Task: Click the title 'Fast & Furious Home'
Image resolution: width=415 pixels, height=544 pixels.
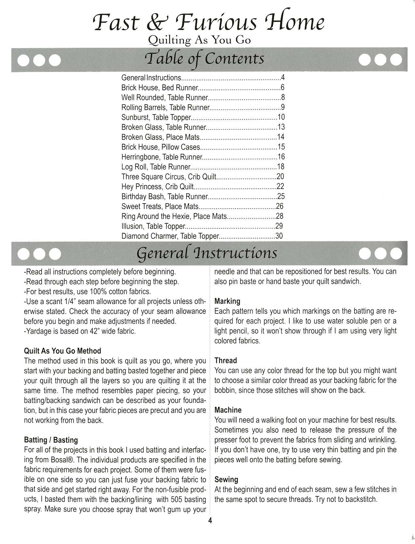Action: pyautogui.click(x=208, y=22)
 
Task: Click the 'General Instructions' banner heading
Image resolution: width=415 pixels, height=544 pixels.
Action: pyautogui.click(x=207, y=253)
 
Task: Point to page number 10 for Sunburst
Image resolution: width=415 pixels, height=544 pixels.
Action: pyautogui.click(x=281, y=117)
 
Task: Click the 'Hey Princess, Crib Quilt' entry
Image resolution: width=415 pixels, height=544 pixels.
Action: pyautogui.click(x=158, y=187)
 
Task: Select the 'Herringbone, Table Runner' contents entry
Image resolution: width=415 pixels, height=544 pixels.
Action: pyautogui.click(x=162, y=157)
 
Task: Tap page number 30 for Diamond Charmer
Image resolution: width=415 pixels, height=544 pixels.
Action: pyautogui.click(x=279, y=236)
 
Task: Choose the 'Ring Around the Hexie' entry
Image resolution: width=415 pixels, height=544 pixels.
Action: pyautogui.click(x=174, y=216)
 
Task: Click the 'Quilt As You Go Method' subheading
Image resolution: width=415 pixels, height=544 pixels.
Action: pyautogui.click(x=62, y=351)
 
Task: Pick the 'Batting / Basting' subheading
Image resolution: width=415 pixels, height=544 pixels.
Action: pyautogui.click(x=51, y=440)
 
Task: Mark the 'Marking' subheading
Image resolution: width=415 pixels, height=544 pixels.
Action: pyautogui.click(x=227, y=301)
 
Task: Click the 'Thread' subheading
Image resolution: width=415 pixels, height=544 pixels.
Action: pyautogui.click(x=226, y=361)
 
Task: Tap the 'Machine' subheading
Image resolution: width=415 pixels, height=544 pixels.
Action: pyautogui.click(x=228, y=410)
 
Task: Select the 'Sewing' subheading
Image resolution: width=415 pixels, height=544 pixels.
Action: pyautogui.click(x=226, y=480)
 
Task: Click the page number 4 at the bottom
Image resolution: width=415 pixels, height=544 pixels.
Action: pyautogui.click(x=210, y=521)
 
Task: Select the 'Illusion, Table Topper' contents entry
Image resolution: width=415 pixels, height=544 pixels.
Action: pyautogui.click(x=153, y=226)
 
